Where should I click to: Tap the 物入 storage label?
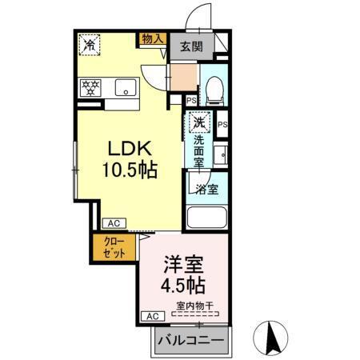point(152,38)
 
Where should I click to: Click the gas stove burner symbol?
point(90,86)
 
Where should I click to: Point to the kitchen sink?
point(126,86)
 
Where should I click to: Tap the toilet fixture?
point(214,90)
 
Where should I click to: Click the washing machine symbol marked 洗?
point(200,123)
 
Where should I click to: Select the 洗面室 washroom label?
point(199,150)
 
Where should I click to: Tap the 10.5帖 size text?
point(128,170)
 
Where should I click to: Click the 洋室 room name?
point(184,263)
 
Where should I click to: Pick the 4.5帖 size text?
point(184,285)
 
